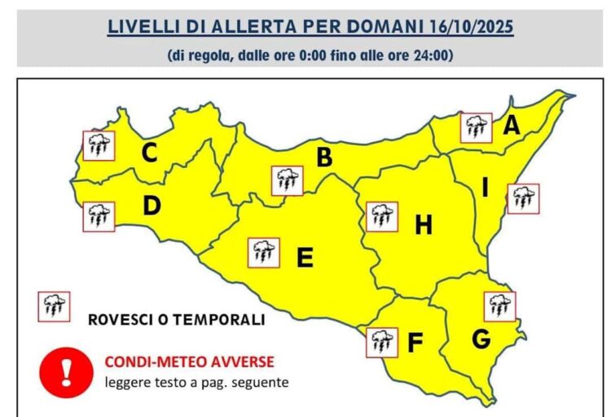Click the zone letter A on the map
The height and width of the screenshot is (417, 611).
pos(511,125)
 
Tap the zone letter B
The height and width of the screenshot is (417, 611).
pos(324,157)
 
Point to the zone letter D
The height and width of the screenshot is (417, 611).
pos(152,206)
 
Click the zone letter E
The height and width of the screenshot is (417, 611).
pos(305,258)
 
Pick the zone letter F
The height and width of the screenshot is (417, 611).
pos(414,344)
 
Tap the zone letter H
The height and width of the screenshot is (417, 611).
pos(423,224)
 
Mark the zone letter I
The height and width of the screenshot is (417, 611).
pos(485,189)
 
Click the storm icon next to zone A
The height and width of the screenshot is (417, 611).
pos(476,128)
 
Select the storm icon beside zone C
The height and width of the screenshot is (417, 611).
pos(99,146)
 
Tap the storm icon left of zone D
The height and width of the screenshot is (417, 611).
pos(99,216)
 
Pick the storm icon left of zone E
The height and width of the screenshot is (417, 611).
pos(263,253)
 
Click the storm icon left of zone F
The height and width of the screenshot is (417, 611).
pos(382,341)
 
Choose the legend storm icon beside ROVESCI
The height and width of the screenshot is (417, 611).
pos(55,306)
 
